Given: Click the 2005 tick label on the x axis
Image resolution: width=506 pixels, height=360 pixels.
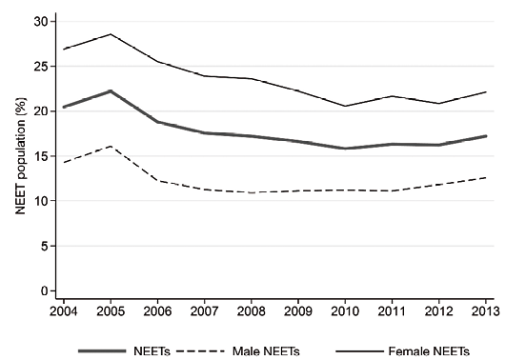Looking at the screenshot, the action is [x=111, y=311].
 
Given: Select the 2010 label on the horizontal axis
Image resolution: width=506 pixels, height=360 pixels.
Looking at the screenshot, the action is [x=345, y=311].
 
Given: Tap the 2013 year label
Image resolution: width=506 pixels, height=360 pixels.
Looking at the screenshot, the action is [x=486, y=311].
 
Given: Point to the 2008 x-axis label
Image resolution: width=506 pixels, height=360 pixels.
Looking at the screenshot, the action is [x=251, y=311].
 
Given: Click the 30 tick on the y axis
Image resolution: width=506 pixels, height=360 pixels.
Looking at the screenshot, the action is [x=40, y=22].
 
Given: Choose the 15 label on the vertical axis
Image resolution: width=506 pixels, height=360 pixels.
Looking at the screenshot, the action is [x=40, y=156].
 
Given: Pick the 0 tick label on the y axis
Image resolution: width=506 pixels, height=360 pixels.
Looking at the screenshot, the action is [x=44, y=291].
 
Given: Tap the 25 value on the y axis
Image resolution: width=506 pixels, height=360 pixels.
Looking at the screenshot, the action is [x=40, y=67].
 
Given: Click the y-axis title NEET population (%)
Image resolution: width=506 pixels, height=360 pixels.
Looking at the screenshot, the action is [x=21, y=156].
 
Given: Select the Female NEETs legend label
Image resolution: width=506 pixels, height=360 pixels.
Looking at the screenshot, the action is [x=429, y=351].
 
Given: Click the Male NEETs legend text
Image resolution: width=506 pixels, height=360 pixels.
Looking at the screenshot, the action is [x=266, y=351].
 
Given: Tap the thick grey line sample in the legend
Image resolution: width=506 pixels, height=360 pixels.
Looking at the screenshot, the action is [x=102, y=350].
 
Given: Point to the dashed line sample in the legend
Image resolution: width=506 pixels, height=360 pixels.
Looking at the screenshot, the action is [x=200, y=350].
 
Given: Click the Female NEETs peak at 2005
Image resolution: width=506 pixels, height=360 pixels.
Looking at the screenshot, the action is [x=111, y=34].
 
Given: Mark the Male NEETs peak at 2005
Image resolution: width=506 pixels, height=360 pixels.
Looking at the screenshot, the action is [x=111, y=146].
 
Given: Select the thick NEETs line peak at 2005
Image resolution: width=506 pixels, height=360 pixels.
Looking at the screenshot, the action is [x=111, y=91].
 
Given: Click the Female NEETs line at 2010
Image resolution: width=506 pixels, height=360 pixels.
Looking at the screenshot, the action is [x=345, y=106].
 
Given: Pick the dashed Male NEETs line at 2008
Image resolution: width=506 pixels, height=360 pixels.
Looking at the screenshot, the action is [x=251, y=192].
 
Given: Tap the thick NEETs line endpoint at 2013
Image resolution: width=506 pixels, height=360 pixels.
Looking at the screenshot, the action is [x=486, y=136].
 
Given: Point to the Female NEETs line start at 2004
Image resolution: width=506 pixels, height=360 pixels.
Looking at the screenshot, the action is [x=64, y=49].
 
